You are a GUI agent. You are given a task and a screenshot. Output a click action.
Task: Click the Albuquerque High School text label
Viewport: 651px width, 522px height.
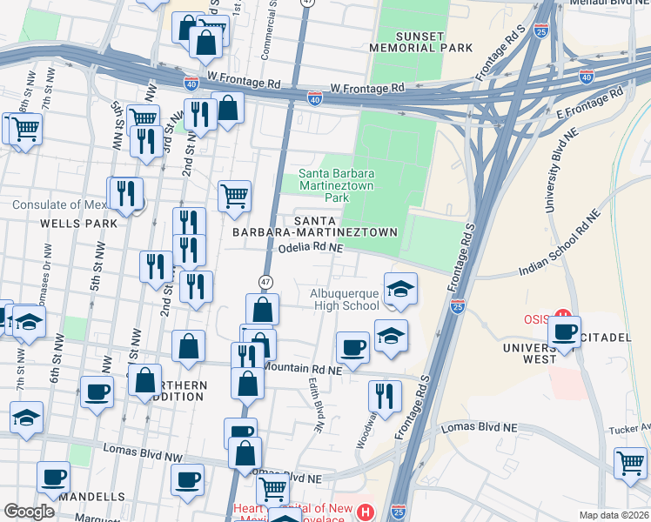tap(345, 299)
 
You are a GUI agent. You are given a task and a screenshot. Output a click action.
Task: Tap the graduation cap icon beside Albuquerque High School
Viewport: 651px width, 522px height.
tap(400, 290)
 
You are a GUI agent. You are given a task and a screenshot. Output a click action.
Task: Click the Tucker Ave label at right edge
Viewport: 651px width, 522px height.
tap(631, 427)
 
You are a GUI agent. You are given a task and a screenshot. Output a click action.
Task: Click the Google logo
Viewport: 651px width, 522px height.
tap(29, 512)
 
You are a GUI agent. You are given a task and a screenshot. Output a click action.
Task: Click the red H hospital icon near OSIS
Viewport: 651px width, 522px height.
tap(562, 316)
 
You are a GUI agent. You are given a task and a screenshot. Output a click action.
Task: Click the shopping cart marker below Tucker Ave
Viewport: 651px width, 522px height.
tap(631, 463)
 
